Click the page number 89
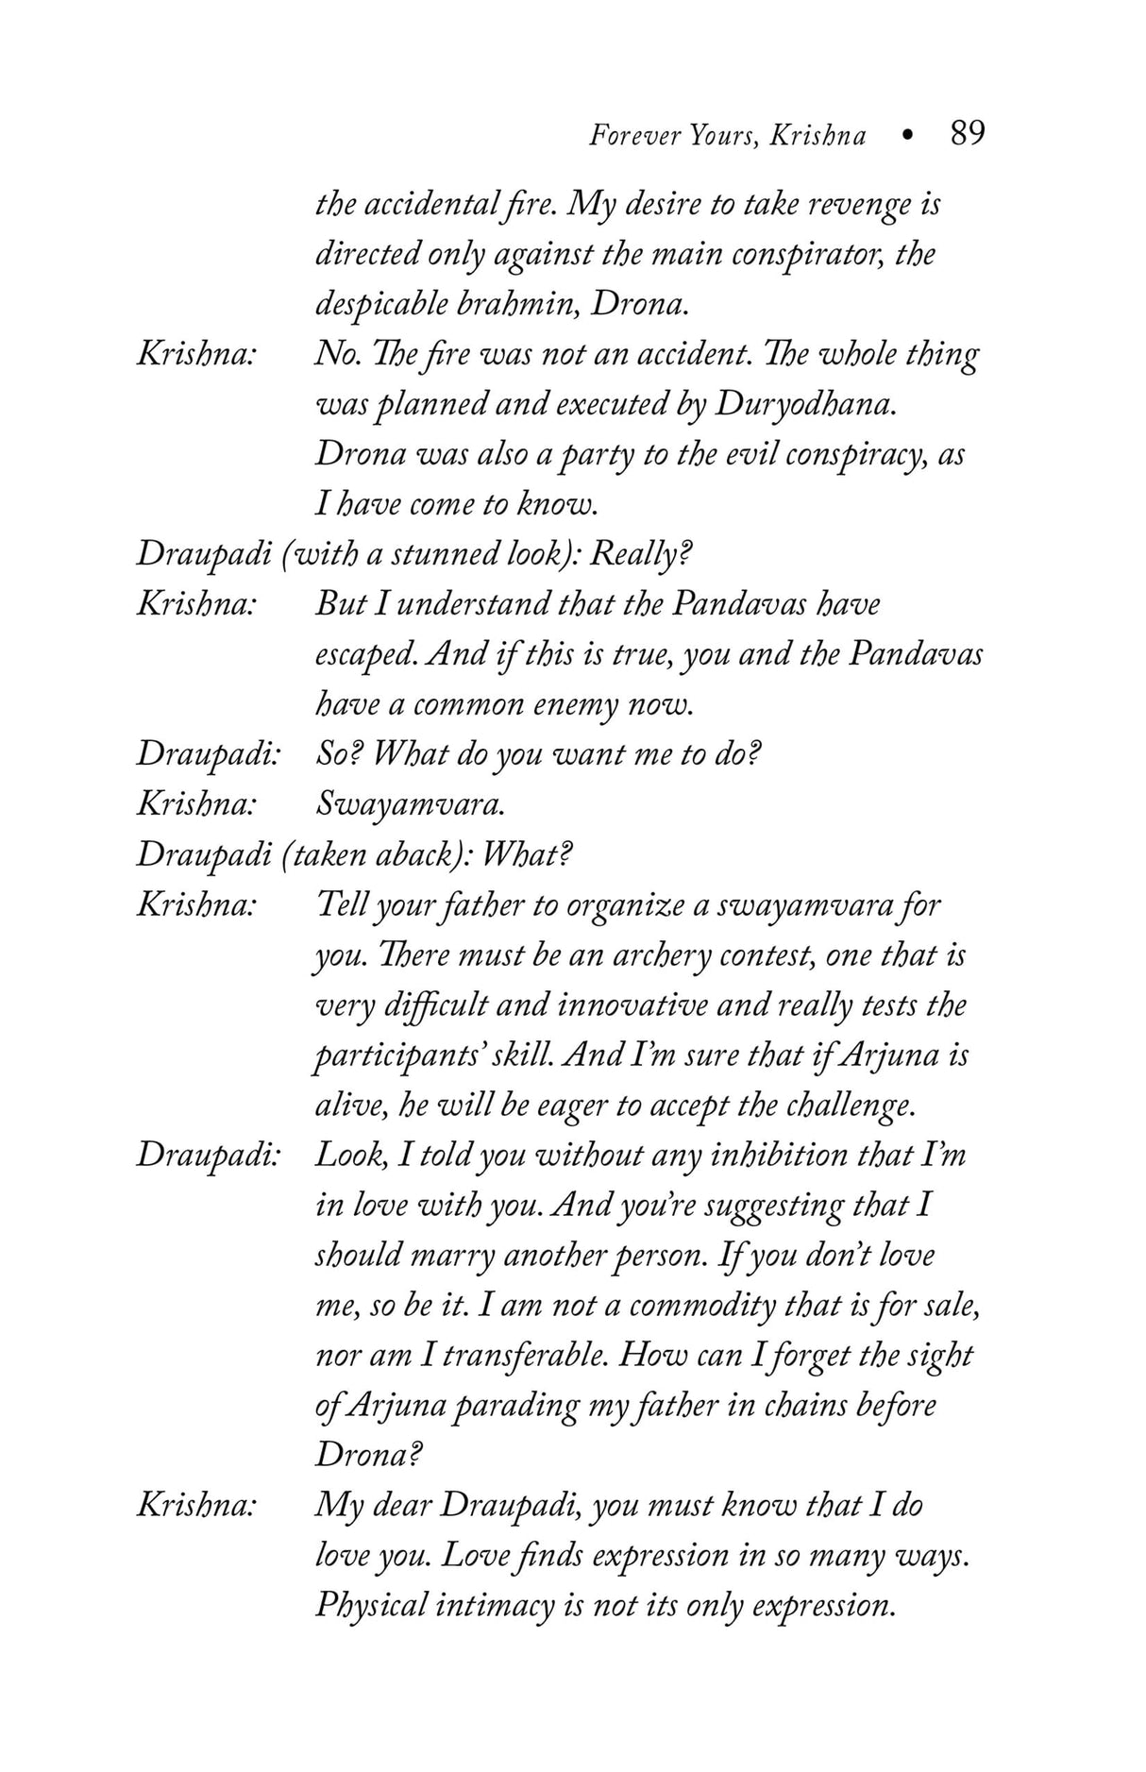point(967,133)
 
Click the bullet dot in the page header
point(907,136)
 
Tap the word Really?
point(642,554)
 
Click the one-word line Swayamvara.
point(410,804)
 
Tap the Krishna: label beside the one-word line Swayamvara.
point(197,804)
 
